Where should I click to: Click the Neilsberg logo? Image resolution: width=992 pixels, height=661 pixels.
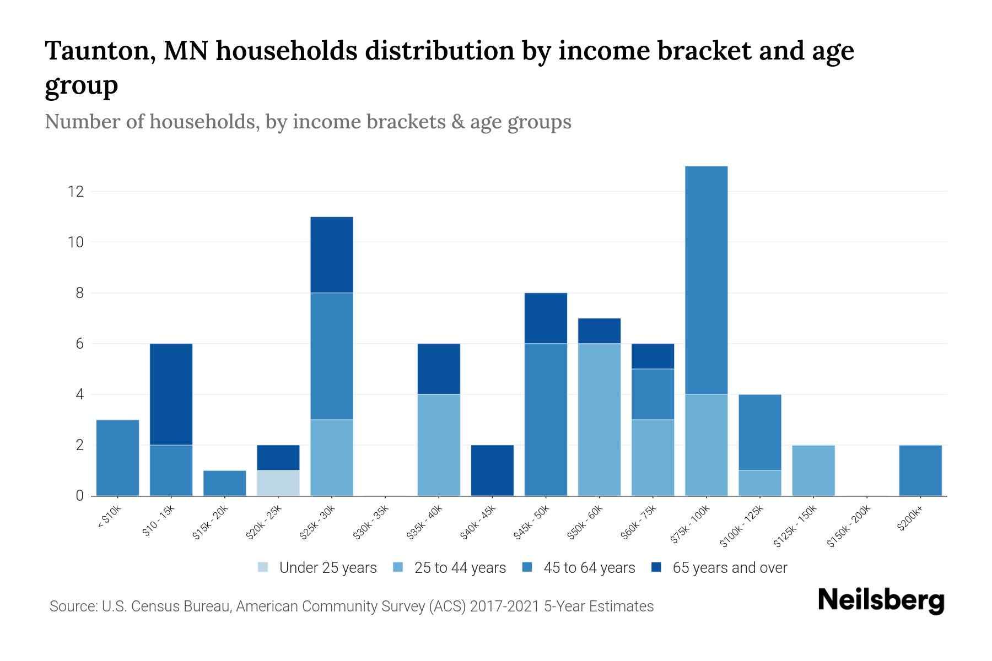point(881,600)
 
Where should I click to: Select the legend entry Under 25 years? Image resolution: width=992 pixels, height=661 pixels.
point(317,568)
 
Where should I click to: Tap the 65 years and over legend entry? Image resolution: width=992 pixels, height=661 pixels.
point(719,568)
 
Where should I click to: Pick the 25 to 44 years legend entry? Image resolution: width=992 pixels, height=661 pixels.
point(450,568)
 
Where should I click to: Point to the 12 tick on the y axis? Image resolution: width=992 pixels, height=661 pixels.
point(76,192)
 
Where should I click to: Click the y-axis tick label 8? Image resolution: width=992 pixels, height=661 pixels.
point(80,293)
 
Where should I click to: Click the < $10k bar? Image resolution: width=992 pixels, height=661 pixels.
point(117,458)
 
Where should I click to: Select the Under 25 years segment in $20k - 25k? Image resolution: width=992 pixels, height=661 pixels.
point(278,483)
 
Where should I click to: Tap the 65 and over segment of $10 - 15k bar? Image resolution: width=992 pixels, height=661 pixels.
point(171,394)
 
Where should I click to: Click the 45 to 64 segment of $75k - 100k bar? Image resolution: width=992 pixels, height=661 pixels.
point(706,280)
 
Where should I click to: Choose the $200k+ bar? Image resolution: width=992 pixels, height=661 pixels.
point(920,470)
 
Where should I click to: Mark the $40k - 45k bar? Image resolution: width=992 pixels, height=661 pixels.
point(492,470)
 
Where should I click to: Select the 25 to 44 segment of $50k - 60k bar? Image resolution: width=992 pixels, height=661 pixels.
point(599,420)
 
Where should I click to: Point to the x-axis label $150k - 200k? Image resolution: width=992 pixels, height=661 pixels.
point(849,526)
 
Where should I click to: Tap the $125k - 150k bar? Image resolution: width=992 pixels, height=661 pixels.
point(813,470)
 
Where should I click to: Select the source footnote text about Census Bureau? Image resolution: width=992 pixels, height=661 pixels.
point(352,606)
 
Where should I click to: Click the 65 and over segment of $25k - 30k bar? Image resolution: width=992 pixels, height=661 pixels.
point(332,255)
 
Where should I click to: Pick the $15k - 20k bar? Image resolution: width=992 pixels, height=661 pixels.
point(225,483)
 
